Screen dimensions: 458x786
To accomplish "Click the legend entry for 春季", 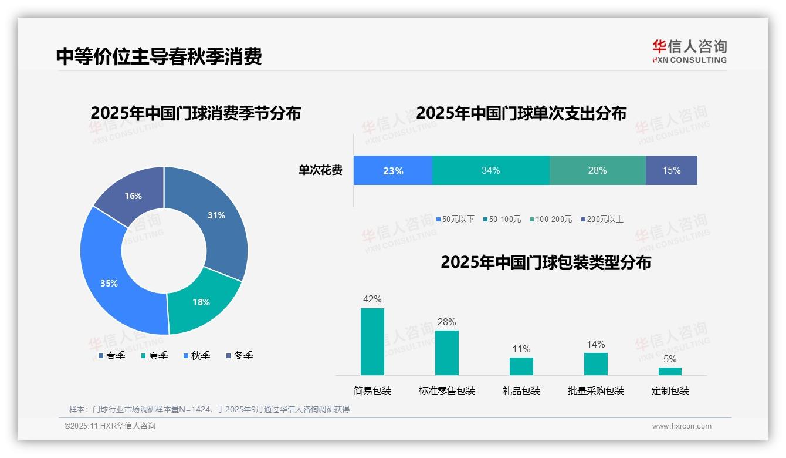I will [x=111, y=355].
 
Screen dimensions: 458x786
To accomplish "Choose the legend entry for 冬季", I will [x=239, y=355].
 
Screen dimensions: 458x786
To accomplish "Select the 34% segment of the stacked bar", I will [x=490, y=171].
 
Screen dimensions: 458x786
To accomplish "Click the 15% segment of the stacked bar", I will [x=671, y=171].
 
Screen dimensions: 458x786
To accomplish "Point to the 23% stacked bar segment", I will [x=392, y=171].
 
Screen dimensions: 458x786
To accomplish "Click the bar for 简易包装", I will [x=372, y=342].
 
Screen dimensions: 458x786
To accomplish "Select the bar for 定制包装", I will [x=670, y=371].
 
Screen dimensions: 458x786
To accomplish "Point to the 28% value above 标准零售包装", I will [x=446, y=322].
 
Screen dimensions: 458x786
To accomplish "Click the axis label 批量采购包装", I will [x=596, y=391].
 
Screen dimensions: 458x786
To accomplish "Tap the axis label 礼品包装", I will [x=521, y=391].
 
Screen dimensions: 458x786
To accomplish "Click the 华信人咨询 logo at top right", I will [x=689, y=51].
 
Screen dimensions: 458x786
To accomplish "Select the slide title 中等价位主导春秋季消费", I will [x=158, y=56].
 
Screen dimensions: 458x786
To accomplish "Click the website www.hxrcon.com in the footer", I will [x=682, y=426].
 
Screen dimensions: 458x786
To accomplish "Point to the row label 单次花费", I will [x=320, y=171].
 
